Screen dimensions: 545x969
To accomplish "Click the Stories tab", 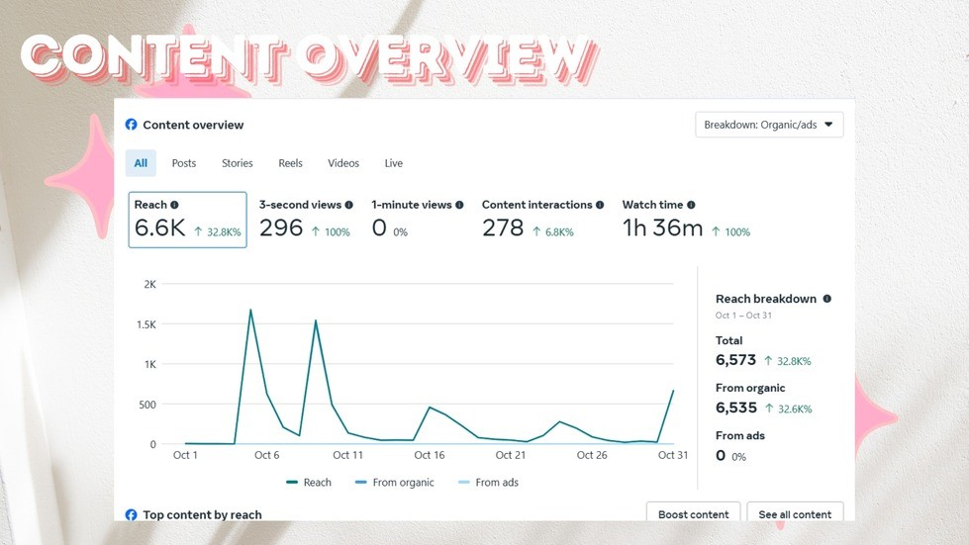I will (x=237, y=163).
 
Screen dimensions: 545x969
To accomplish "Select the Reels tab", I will (x=290, y=163).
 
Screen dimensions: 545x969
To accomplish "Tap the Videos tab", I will (x=343, y=163).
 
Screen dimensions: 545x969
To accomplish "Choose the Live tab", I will (x=394, y=163).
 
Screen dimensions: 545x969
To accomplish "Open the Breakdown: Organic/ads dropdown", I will (x=769, y=125).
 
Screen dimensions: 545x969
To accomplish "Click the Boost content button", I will (x=693, y=514).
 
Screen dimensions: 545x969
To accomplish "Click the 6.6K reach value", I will (x=160, y=228).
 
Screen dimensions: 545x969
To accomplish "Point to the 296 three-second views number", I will (x=281, y=228).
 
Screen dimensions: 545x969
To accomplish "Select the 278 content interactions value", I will (x=503, y=228).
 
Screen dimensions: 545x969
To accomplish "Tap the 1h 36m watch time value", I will (x=662, y=228).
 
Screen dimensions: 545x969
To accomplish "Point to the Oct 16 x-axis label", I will (x=430, y=455).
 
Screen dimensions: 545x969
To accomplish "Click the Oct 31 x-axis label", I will (x=673, y=455).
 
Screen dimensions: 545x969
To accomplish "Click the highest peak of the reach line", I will (x=250, y=310).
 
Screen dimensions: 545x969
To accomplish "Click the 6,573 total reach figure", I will (x=735, y=360).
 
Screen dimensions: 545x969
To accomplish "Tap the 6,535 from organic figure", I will (x=735, y=408).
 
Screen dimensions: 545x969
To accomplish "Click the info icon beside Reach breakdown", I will (x=827, y=299).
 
